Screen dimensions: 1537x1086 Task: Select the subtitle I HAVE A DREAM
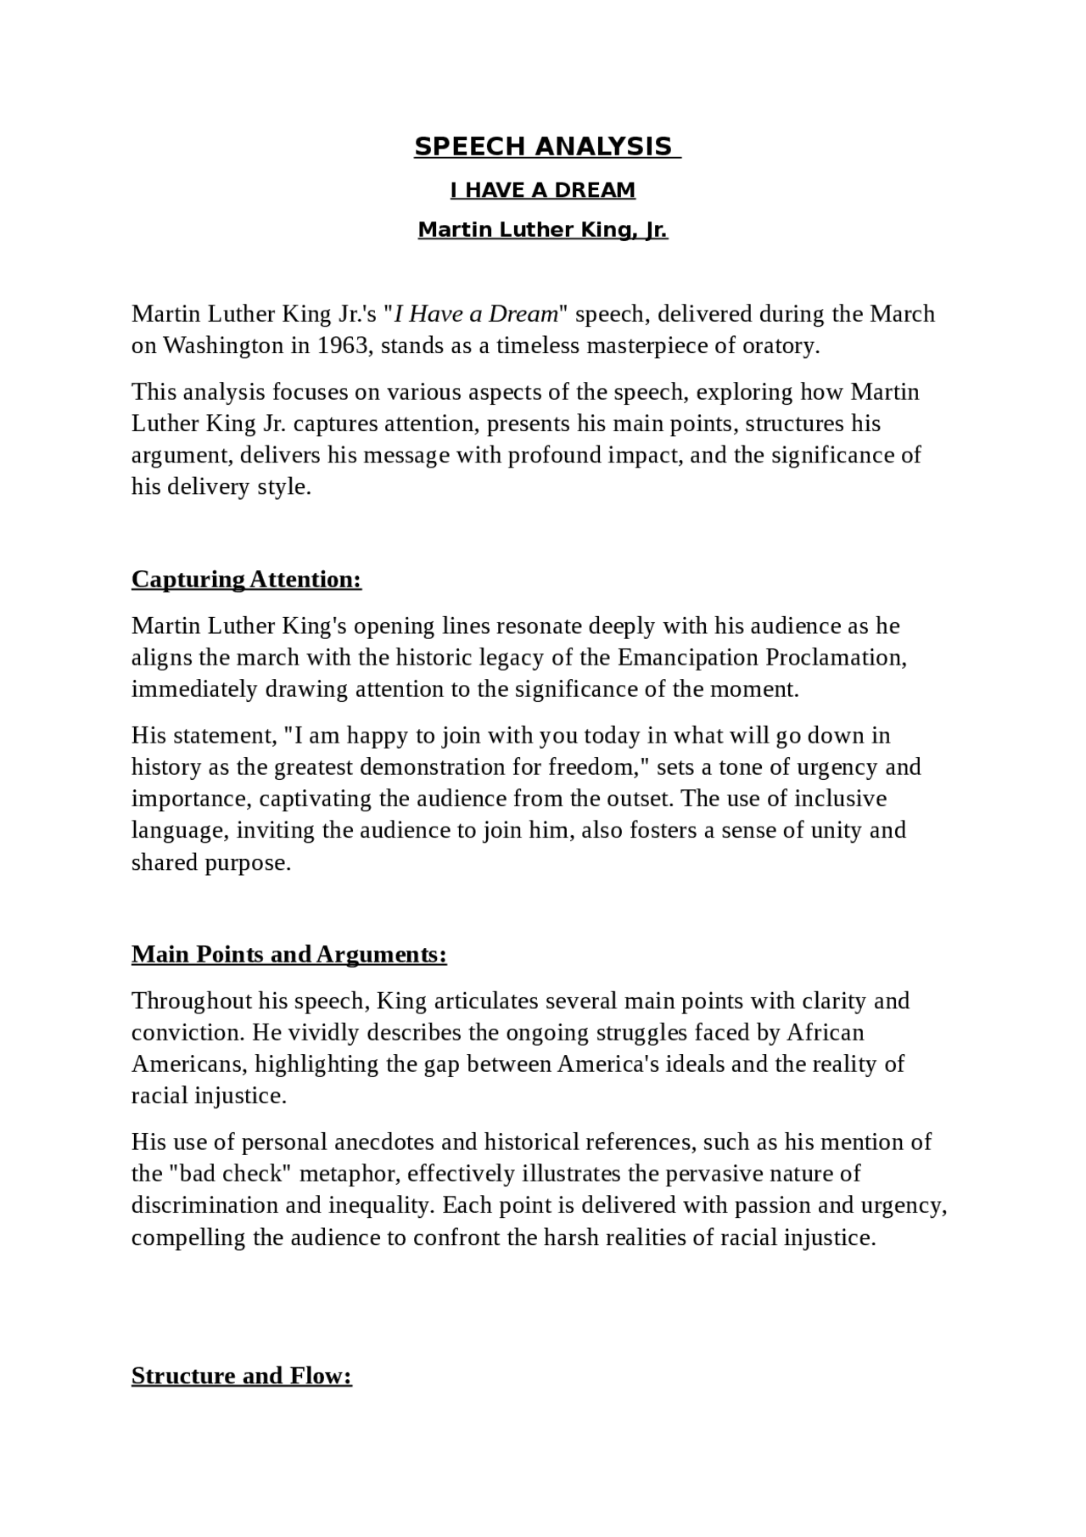coord(543,190)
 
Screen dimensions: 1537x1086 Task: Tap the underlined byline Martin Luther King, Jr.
coord(543,230)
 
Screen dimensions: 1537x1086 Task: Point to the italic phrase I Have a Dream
coord(476,314)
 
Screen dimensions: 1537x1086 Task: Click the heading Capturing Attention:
coord(246,580)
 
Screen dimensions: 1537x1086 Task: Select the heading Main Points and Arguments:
coord(288,955)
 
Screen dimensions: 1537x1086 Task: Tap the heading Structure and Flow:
coord(241,1376)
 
